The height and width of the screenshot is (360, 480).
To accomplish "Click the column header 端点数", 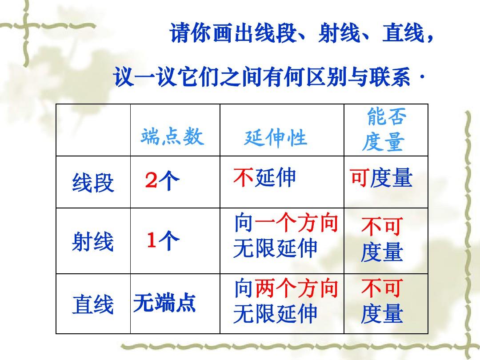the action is [172, 136].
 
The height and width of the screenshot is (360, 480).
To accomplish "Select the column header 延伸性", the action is [276, 138].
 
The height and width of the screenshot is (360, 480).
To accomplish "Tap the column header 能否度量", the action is [385, 129].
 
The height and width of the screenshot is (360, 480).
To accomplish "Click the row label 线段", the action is [93, 183].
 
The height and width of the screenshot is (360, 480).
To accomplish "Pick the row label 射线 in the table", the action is [93, 241].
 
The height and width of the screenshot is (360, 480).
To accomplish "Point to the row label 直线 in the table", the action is [93, 304].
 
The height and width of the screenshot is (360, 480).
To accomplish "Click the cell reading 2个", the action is [162, 180].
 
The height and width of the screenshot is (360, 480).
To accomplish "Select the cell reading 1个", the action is [163, 240].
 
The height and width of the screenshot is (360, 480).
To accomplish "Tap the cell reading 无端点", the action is [164, 303].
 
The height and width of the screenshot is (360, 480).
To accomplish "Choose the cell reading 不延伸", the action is [264, 177].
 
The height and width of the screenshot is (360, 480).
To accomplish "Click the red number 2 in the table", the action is [151, 180].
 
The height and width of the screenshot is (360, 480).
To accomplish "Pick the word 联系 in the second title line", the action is [390, 77].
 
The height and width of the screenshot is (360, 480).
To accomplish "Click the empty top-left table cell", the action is [93, 130].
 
